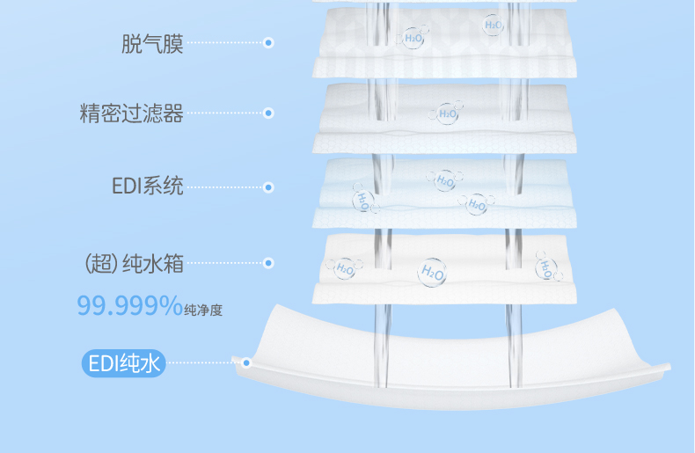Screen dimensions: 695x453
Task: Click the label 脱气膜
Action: (x=152, y=44)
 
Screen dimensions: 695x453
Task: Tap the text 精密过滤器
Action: (x=132, y=113)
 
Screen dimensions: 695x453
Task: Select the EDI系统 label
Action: (x=148, y=186)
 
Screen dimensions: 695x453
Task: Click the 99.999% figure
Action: (x=128, y=305)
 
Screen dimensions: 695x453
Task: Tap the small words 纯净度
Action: (x=203, y=309)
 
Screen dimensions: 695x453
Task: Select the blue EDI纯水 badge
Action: (x=124, y=362)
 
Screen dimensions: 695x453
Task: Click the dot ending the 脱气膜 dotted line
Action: (x=268, y=42)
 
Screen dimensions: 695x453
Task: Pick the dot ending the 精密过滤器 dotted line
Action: (x=268, y=113)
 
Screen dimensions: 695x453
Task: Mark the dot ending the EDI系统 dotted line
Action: (x=268, y=186)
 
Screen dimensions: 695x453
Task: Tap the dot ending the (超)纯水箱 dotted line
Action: (x=268, y=262)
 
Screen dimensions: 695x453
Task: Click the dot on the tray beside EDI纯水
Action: (x=247, y=362)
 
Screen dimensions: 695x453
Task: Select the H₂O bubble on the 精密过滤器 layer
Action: (x=447, y=113)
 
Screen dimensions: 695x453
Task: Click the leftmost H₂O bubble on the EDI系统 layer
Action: (x=362, y=199)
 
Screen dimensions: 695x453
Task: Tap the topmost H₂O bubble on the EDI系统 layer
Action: (x=443, y=180)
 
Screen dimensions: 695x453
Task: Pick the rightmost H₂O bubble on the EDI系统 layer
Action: (x=476, y=204)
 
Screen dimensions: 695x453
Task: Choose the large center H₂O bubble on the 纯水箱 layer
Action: (x=432, y=273)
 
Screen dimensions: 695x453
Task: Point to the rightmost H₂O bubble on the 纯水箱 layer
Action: (x=547, y=266)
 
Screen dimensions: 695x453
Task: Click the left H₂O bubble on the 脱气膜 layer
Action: (x=413, y=37)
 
